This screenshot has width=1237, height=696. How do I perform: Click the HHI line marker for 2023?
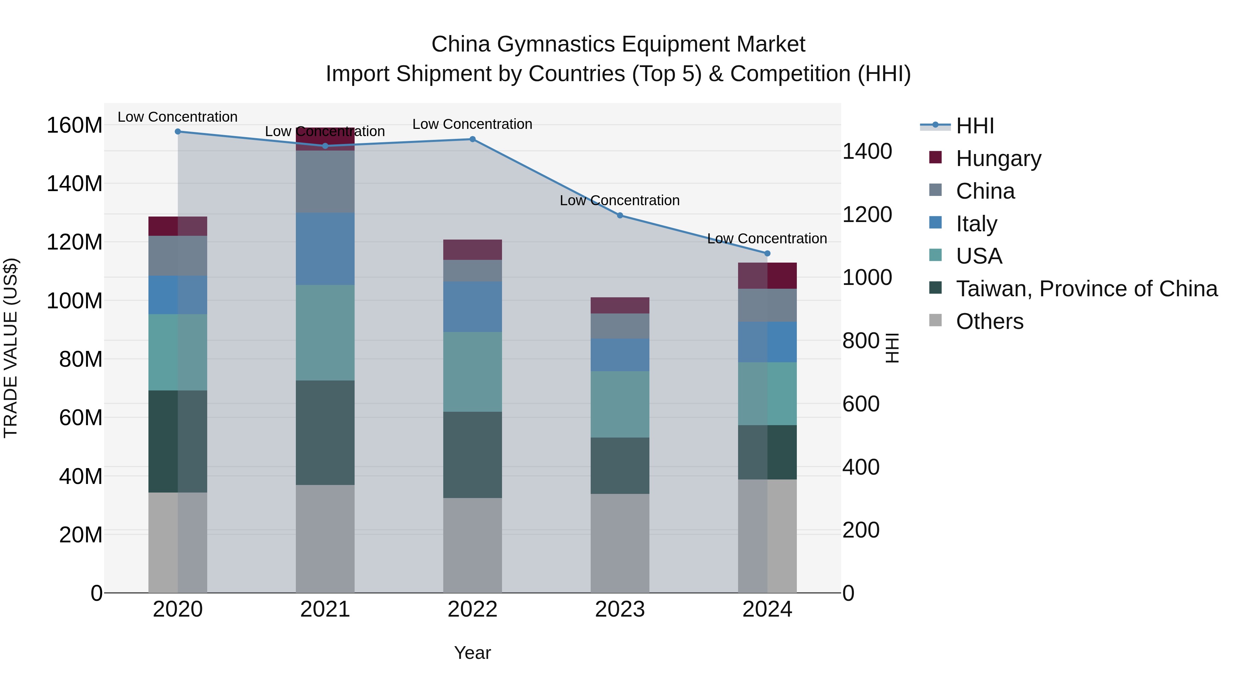(x=620, y=215)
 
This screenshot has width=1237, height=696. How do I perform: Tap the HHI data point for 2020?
(x=178, y=131)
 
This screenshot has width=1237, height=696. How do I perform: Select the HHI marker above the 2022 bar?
(x=472, y=139)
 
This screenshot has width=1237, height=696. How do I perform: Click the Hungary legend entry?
(x=998, y=158)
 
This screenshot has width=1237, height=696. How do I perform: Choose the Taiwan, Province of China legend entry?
(x=1086, y=289)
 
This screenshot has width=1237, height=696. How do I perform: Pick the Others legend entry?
(x=989, y=321)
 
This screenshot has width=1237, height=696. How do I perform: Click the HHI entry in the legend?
(x=974, y=126)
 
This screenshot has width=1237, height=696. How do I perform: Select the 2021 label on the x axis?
(x=325, y=609)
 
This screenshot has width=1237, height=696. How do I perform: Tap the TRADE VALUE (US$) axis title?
(x=11, y=348)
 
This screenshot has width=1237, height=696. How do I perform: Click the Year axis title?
(x=472, y=653)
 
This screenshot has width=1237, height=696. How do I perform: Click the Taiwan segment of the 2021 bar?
(x=325, y=432)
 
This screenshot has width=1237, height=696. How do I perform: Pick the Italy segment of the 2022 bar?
(x=472, y=307)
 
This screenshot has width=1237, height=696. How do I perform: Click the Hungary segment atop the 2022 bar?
(x=472, y=250)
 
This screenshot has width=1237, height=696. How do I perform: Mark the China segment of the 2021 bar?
(x=325, y=181)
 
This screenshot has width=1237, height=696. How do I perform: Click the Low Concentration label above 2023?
(x=620, y=200)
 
